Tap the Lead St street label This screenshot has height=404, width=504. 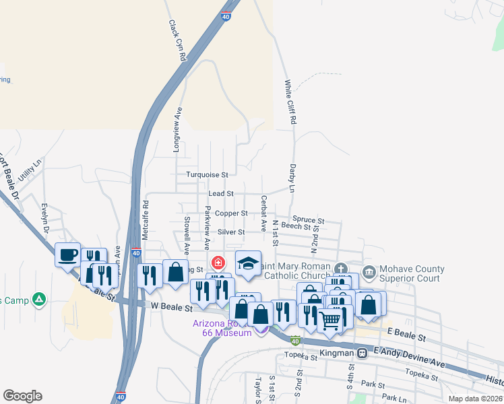click(220, 193)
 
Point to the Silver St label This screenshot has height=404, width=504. click(230, 232)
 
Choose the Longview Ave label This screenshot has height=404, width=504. click(179, 129)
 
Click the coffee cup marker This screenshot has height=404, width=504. click(67, 255)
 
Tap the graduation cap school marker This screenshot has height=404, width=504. click(248, 263)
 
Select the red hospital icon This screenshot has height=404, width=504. click(218, 263)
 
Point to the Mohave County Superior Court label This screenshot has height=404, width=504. click(412, 273)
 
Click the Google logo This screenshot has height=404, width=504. click(22, 396)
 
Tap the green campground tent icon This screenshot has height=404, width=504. click(40, 298)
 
